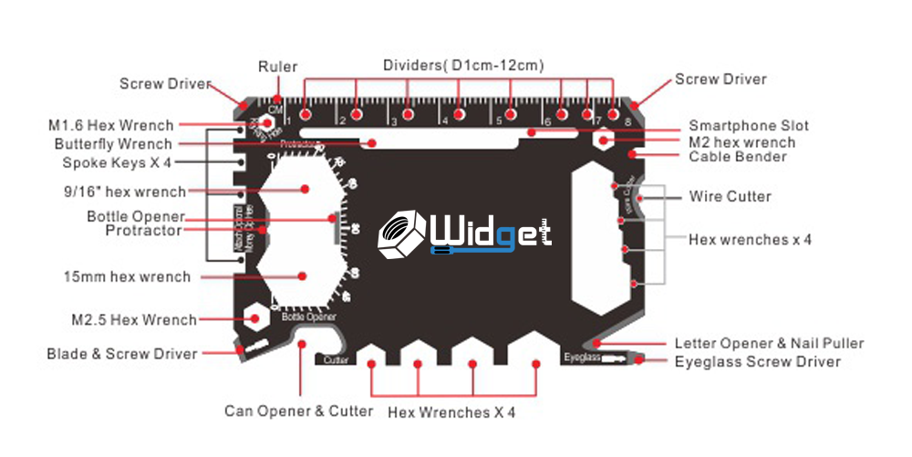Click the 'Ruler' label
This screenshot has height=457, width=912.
pos(277,67)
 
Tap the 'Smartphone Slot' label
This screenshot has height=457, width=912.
pos(748,126)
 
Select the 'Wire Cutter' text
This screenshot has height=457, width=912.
pos(730,196)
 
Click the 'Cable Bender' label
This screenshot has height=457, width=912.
pos(738,157)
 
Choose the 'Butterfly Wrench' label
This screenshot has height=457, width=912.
pos(112,144)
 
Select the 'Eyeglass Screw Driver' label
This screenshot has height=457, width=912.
pos(757,361)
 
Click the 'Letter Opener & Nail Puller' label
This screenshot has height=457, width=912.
pos(769,343)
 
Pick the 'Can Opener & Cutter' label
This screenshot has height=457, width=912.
pos(298,410)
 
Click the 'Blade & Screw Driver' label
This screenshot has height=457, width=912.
pos(121,353)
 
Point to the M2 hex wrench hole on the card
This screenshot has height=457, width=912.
pos(604,140)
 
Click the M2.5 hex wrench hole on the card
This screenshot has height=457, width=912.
pos(254,319)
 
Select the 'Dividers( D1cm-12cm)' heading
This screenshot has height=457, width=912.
pos(463,65)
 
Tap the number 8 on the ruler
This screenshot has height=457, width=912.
pos(627,119)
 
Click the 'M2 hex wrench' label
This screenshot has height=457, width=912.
pos(741,141)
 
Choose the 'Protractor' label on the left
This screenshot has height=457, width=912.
pos(143,231)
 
